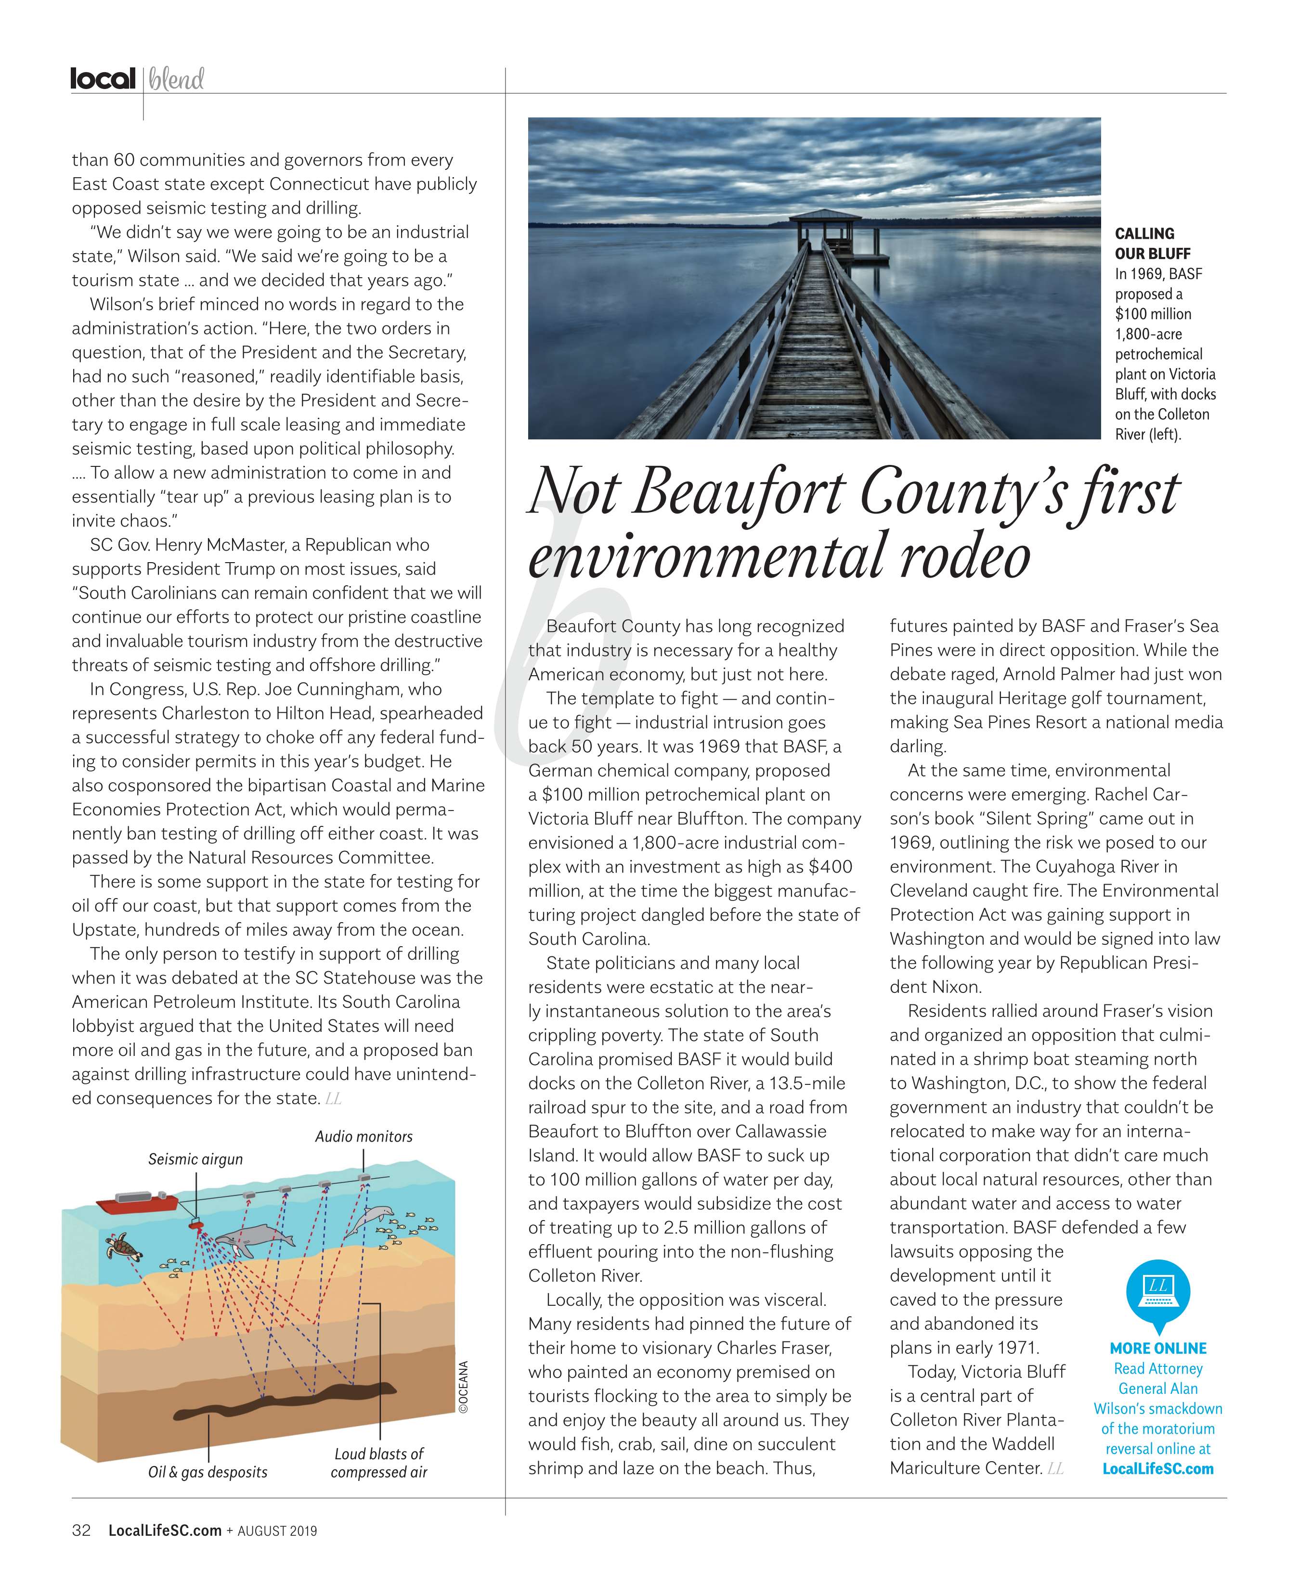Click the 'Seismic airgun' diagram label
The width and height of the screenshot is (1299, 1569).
tap(195, 1159)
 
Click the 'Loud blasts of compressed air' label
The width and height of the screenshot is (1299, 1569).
tap(379, 1463)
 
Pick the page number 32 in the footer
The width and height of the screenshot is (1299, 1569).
tap(81, 1530)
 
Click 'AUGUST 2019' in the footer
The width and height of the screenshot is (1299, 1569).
tap(277, 1531)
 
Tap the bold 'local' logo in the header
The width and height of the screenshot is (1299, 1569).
tap(103, 78)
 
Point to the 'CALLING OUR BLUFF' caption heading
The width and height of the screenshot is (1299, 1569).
tap(1144, 244)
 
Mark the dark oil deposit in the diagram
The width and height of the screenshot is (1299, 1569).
tap(284, 1401)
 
